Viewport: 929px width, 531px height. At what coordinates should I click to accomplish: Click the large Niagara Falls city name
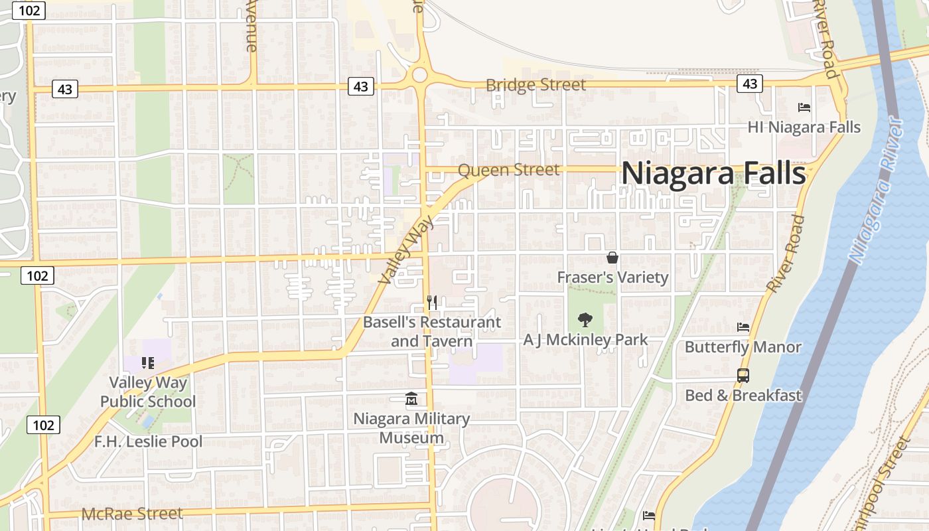point(713,175)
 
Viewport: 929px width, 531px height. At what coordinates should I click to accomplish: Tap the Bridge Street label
point(536,85)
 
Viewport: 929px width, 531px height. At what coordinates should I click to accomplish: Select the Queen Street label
point(509,170)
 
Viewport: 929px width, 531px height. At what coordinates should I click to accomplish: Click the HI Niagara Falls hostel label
point(804,127)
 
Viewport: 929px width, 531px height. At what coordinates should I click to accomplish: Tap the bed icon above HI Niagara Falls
point(804,107)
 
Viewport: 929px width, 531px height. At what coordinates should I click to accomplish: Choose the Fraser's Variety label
point(612,277)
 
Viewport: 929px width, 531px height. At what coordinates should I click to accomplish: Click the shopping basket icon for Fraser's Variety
point(612,258)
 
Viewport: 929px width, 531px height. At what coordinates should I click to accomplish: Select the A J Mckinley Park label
point(585,340)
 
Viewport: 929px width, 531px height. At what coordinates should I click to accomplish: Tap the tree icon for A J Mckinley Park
point(585,320)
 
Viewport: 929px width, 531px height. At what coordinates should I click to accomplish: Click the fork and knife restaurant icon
point(432,303)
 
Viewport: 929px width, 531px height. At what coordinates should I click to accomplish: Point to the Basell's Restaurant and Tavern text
point(432,332)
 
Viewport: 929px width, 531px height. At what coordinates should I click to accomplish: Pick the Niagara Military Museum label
point(411,428)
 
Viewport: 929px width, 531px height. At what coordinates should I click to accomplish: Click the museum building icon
point(411,399)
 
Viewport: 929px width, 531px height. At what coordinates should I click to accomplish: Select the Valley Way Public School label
point(148,392)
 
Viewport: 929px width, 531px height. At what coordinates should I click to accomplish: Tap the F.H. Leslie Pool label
point(148,441)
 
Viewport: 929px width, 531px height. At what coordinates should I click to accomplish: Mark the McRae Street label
point(131,514)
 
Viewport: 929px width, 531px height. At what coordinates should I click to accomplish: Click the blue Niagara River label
point(876,191)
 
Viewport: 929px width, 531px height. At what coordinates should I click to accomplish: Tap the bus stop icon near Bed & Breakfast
point(743,376)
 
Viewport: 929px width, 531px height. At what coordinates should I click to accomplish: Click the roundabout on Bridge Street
point(419,74)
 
